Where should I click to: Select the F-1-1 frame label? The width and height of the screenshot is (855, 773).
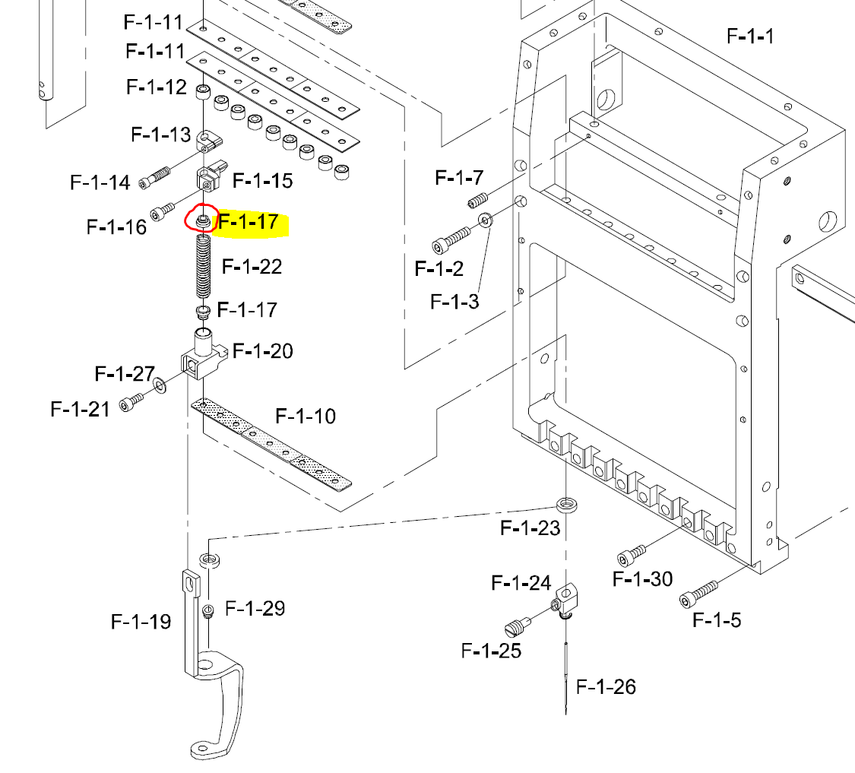tap(750, 36)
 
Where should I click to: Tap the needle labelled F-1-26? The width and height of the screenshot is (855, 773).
tap(567, 676)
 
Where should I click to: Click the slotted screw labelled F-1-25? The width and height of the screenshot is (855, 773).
tap(516, 628)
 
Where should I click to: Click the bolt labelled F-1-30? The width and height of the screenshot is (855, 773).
tap(632, 554)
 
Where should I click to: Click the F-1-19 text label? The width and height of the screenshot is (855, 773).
tap(141, 622)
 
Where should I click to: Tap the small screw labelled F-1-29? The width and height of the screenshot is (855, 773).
tap(207, 610)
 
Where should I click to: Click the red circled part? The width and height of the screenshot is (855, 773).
tap(203, 220)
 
